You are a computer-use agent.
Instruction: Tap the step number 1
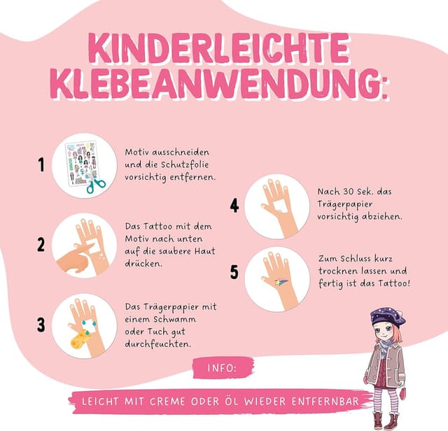coord(41,164)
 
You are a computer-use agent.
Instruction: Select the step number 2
coord(41,244)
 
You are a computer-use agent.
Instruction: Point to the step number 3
coord(41,325)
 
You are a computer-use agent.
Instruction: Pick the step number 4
coord(234,206)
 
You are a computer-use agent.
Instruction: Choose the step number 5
coord(234,272)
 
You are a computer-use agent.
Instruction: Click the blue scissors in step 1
coord(97,185)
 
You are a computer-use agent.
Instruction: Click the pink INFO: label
coord(222,368)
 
